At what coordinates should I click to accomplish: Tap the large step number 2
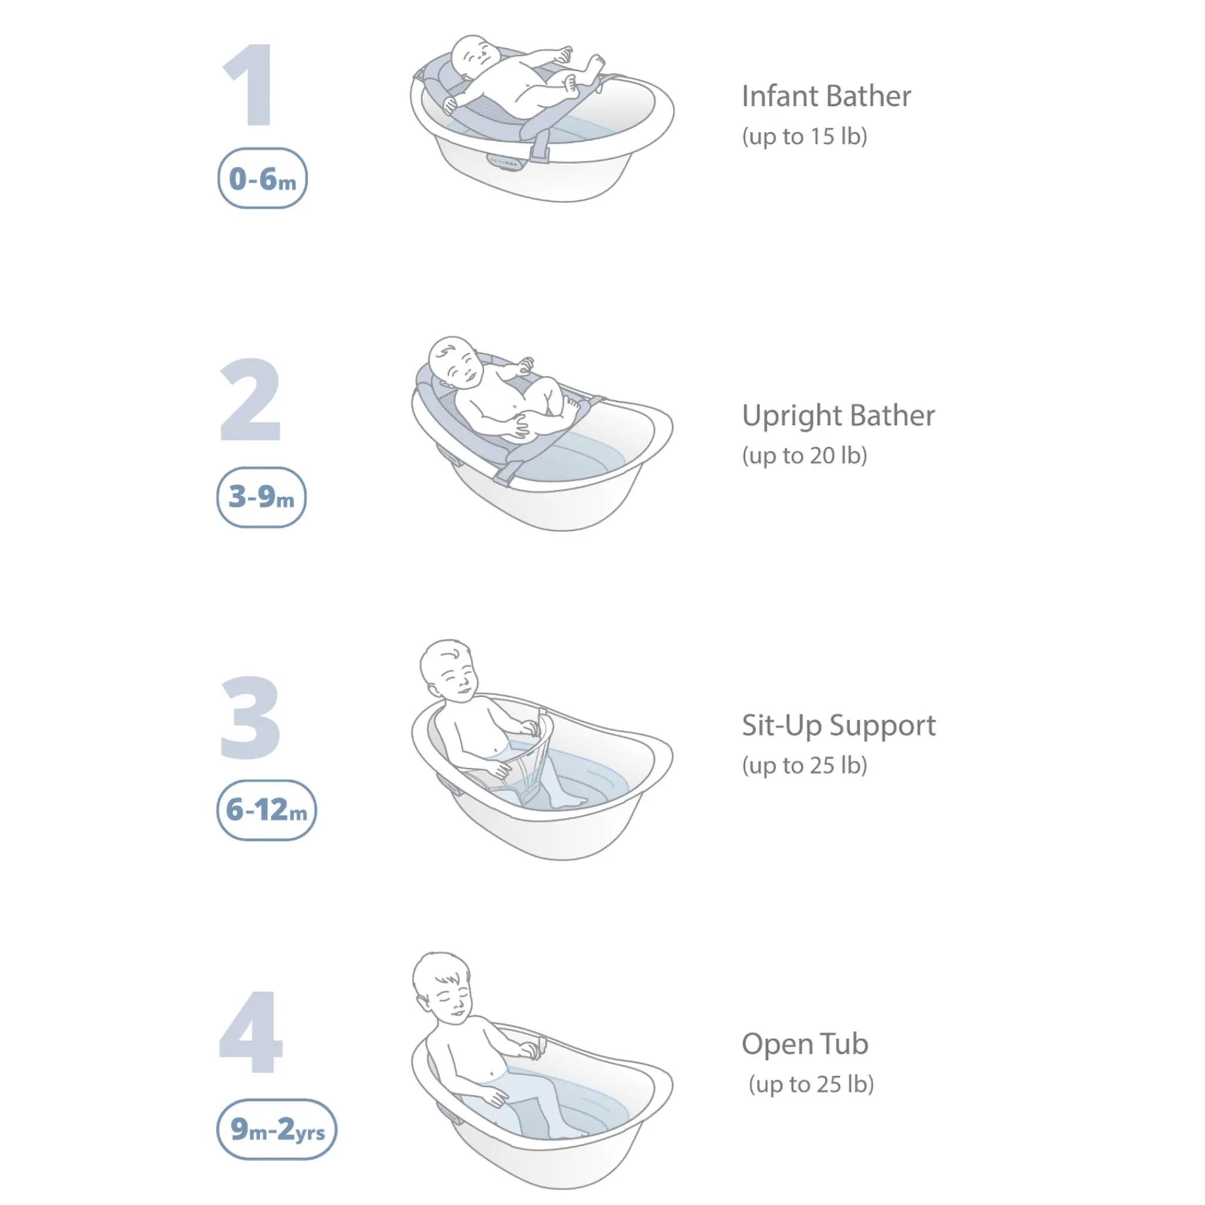tap(251, 399)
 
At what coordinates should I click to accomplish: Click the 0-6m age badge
tap(262, 178)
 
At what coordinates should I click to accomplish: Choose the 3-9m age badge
tap(261, 497)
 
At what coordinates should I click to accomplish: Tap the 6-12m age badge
tap(267, 810)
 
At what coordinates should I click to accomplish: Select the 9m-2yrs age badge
tap(277, 1130)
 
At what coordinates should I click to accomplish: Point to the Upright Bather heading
tap(838, 416)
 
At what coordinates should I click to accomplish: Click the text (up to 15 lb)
tap(804, 137)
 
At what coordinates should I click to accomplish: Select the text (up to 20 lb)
tap(804, 456)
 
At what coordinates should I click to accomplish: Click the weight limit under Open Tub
tap(811, 1084)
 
